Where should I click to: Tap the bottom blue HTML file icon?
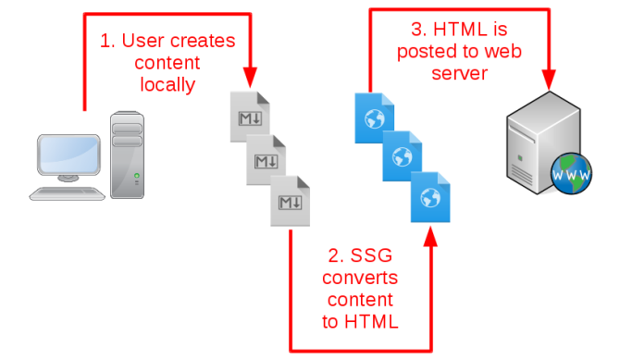(430, 196)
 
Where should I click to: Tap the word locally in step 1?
(167, 85)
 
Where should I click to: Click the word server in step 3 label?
(459, 73)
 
